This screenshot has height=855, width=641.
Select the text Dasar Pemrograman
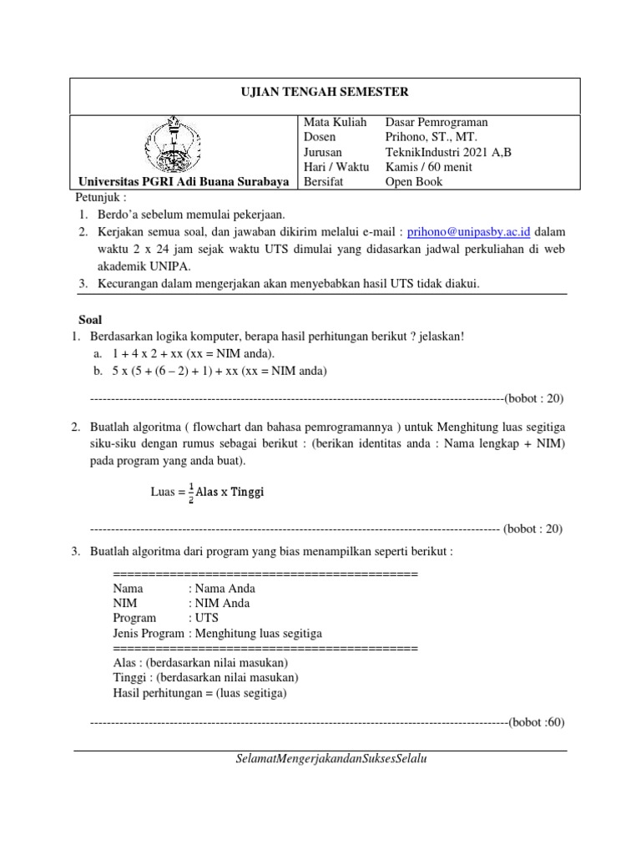(436, 122)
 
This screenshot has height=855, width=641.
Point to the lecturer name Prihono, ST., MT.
(432, 137)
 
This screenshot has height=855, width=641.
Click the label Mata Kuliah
(335, 122)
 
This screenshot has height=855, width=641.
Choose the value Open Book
(414, 182)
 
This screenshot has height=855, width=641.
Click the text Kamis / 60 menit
(428, 167)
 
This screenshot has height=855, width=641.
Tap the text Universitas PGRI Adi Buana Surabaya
(184, 182)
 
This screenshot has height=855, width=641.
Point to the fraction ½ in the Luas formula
(190, 492)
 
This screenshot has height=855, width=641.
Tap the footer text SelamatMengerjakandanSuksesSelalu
(332, 759)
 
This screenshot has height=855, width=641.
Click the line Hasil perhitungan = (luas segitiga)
(199, 693)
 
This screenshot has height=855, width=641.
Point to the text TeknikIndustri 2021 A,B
(447, 152)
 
